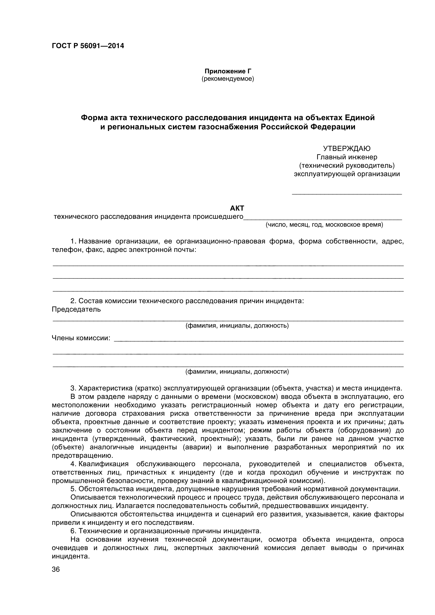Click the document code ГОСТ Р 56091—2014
[88, 46]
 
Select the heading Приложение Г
[228, 71]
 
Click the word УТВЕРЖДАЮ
[347, 148]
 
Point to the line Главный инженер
[347, 157]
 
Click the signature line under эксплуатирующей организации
[347, 193]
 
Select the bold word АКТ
[237, 208]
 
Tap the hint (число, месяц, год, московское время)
[324, 225]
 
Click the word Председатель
[76, 309]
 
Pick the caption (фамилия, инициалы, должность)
[237, 326]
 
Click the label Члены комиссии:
[81, 338]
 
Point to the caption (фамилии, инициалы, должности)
[237, 372]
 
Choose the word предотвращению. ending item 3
[83, 456]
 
